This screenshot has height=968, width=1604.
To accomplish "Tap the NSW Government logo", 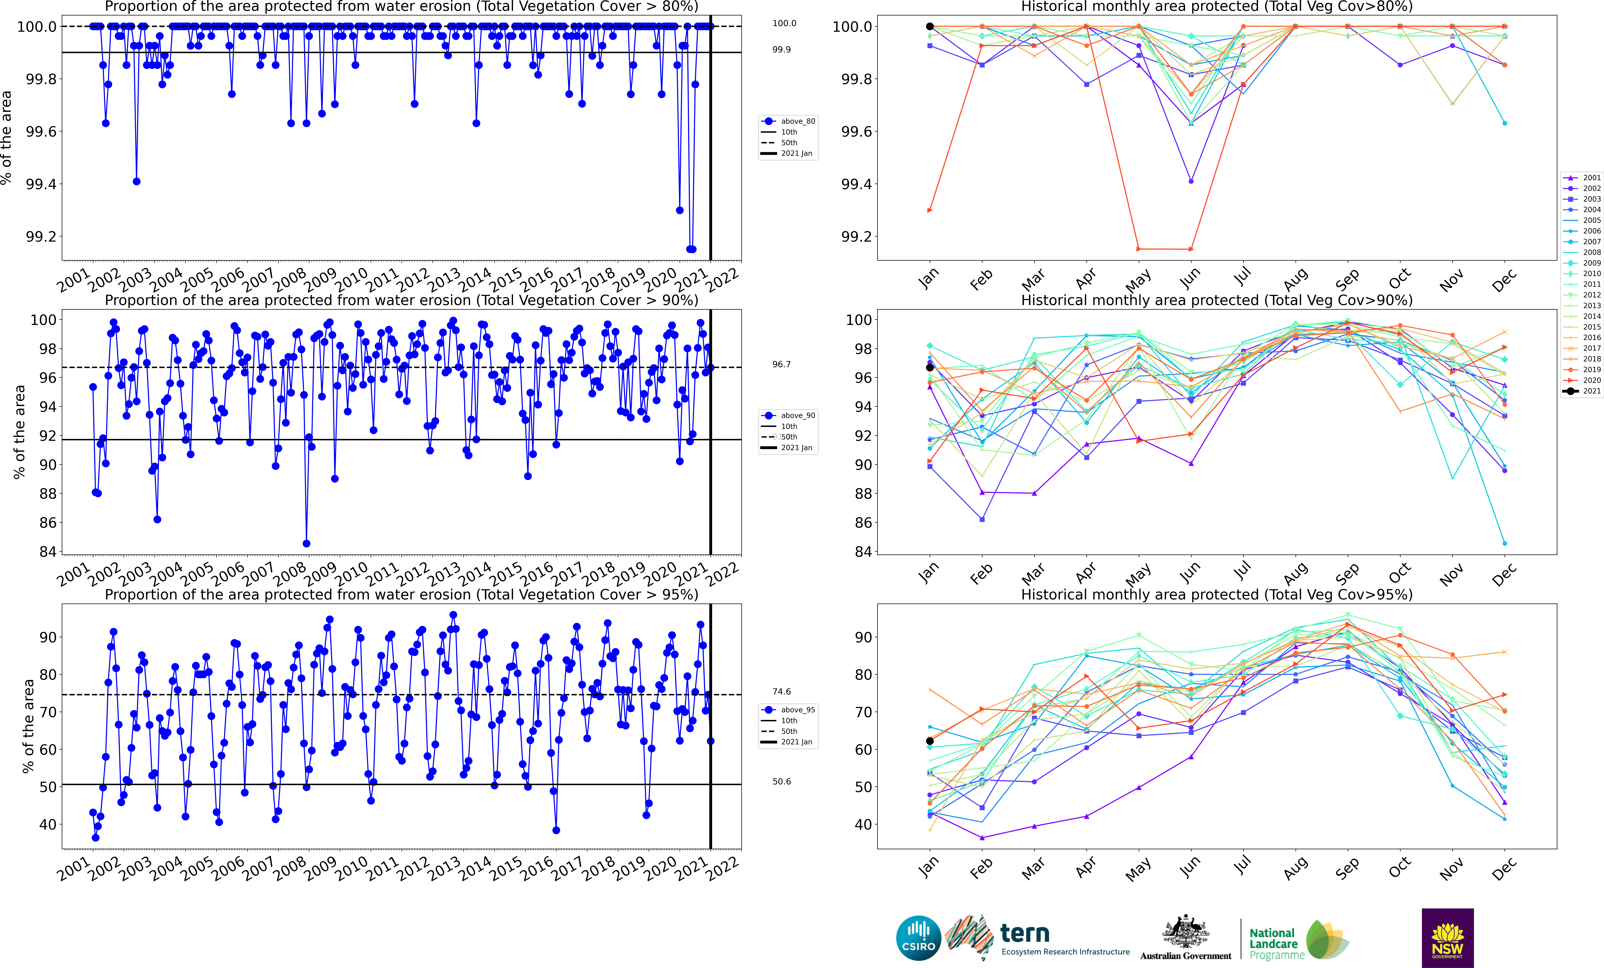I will tap(1447, 938).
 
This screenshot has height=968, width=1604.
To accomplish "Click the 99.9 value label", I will tap(781, 50).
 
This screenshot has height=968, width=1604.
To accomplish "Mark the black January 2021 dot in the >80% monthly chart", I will tap(930, 27).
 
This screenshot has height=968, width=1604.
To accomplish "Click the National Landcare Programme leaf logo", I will tap(1327, 939).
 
